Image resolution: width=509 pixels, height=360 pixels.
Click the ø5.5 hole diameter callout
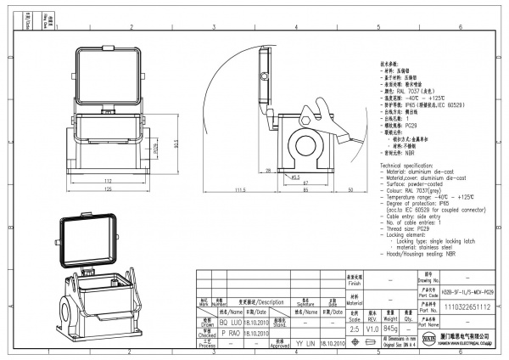coord(296,177)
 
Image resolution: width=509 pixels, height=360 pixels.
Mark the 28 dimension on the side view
coord(269,171)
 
